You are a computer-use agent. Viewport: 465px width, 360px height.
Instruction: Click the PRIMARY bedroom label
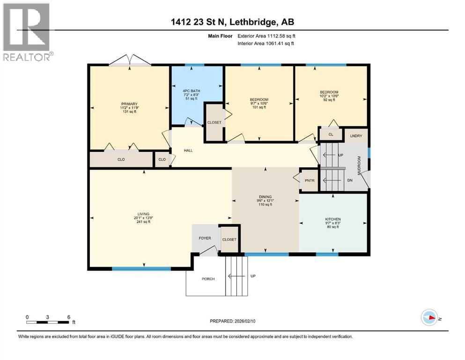click(x=129, y=104)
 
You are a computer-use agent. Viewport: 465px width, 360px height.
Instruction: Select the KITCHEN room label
click(x=332, y=219)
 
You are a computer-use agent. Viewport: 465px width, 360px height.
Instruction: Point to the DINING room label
click(x=265, y=197)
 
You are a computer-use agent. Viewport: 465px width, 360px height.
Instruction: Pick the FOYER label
click(x=205, y=238)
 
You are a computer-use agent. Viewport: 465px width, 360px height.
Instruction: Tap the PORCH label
click(x=208, y=279)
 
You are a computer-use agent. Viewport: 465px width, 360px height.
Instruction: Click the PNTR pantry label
click(x=309, y=180)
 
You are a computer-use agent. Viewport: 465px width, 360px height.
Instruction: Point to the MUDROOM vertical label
click(x=360, y=165)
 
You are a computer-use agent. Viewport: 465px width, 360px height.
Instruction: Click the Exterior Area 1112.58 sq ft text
click(x=266, y=35)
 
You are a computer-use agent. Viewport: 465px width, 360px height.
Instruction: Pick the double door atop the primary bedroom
click(x=130, y=60)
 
